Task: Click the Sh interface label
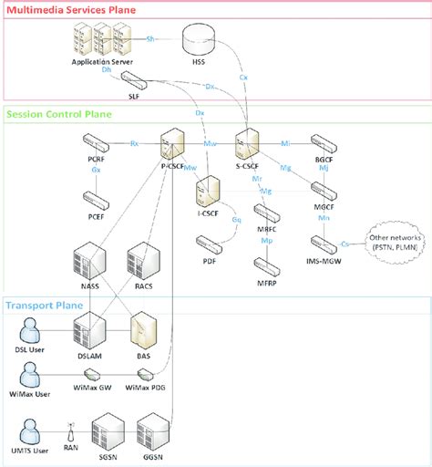pyautogui.click(x=152, y=39)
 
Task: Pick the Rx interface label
pyautogui.click(x=134, y=143)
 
